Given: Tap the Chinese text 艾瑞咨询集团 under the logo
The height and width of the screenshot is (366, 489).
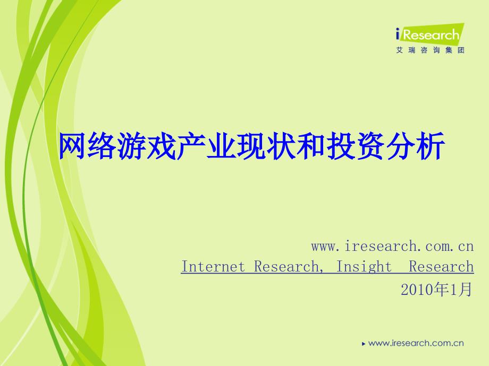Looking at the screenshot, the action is pos(431,50).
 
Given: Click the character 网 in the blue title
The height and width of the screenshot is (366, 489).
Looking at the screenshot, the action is pos(72,146).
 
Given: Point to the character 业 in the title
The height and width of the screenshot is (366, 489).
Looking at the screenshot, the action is pos(222,146).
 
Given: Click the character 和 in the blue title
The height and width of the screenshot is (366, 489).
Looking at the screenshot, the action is pos(311,146).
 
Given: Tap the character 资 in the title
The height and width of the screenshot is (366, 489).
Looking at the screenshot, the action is pos(371,146).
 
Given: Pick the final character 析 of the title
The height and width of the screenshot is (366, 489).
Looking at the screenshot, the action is pos(431,146).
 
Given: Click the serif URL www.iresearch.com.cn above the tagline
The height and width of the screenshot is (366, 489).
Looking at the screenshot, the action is pos(392,246).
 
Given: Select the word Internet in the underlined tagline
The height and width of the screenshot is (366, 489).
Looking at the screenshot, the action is pos(213,266).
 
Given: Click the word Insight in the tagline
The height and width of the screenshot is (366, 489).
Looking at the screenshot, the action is pos(364,267).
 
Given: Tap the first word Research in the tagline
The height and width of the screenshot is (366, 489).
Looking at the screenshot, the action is pos(286,267).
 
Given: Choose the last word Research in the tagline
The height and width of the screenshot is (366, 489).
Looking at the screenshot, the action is pos(441,266).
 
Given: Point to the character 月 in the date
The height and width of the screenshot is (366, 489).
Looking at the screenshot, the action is pos(465,290).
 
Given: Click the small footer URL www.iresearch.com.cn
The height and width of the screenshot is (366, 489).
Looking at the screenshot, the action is pos(416,343).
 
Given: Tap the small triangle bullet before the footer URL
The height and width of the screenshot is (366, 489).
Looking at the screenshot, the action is pos(364,344).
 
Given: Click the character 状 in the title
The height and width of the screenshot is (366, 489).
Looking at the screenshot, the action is pos(281,146).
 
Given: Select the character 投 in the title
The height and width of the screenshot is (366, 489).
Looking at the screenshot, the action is pos(341,146).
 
